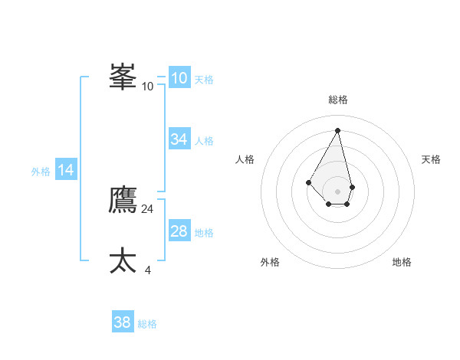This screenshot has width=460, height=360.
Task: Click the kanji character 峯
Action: [x=123, y=77]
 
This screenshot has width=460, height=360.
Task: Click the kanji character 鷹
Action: [x=123, y=200]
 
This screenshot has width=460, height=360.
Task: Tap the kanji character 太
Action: [x=123, y=260]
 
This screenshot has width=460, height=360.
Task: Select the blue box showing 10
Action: [x=179, y=78]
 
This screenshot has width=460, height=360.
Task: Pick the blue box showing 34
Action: [x=179, y=139]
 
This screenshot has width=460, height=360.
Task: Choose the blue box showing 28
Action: [x=179, y=231]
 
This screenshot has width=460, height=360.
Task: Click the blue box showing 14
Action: [x=66, y=171]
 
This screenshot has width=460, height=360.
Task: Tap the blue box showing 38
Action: [x=123, y=322]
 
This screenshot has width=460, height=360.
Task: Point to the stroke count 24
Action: [x=147, y=208]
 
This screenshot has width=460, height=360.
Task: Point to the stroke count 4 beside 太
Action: [x=147, y=270]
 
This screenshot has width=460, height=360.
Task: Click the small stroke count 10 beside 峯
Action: [x=147, y=86]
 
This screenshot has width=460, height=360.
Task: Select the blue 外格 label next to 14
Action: [x=41, y=172]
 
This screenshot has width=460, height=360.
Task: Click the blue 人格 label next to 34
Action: [x=204, y=141]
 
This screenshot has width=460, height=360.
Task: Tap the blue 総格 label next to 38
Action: [x=147, y=324]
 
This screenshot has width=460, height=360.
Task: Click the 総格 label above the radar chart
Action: [x=337, y=100]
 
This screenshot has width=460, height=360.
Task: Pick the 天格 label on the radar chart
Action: [x=431, y=159]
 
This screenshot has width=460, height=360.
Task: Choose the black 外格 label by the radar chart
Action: [x=270, y=262]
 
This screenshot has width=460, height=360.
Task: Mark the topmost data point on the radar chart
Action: [x=337, y=130]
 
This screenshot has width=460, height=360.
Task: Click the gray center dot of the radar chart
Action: [x=337, y=191]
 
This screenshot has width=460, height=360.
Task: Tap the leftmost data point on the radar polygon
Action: [x=308, y=182]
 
